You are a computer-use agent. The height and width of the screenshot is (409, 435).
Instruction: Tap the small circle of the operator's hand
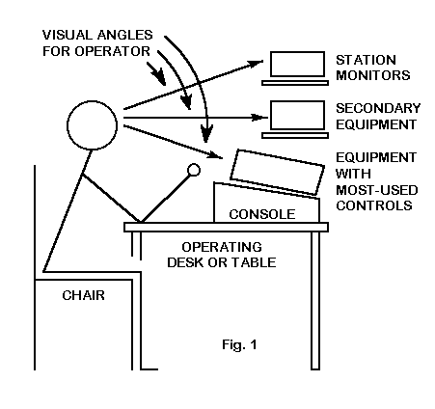194,170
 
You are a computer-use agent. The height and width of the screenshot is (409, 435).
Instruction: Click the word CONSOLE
262,214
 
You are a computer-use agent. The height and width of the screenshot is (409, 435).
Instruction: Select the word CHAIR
83,295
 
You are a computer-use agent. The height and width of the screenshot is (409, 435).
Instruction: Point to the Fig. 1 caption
239,344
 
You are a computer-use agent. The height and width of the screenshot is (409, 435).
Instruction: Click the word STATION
366,60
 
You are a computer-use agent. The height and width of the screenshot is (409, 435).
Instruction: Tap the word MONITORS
373,75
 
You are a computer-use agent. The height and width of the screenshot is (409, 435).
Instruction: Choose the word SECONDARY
378,108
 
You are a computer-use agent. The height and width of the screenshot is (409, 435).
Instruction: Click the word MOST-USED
377,190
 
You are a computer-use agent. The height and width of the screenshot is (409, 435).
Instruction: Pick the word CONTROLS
374,205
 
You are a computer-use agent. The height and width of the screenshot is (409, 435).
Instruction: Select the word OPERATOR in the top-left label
113,51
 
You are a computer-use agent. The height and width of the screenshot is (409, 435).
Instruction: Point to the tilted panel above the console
277,172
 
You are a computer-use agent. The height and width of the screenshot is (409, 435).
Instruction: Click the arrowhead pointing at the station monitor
257,64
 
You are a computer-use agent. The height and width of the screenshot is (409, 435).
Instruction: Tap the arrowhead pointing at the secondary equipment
259,118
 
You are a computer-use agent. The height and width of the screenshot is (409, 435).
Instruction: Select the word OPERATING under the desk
222,247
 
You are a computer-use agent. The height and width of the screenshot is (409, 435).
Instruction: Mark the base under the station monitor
295,83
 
